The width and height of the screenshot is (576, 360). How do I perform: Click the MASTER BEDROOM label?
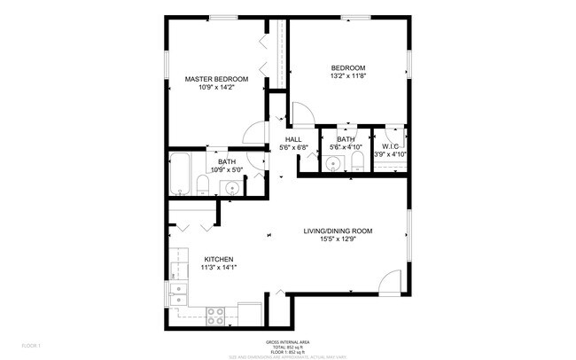point(216,79)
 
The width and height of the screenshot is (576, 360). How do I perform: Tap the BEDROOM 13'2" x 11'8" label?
point(348,67)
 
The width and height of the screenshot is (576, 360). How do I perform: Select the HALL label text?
point(292,139)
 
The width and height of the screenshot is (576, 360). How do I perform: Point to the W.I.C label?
point(390,145)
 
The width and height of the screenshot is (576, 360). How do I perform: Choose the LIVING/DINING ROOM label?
point(338,231)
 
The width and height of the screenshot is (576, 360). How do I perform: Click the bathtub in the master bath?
point(180,173)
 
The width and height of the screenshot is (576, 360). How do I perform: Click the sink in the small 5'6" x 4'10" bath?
point(333,162)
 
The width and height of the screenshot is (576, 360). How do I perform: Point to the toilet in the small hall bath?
point(356,160)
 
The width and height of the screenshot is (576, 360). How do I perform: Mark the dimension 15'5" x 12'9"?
point(338,239)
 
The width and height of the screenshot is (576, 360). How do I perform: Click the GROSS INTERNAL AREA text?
point(288,341)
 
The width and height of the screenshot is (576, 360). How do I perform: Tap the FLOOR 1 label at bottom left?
point(32,344)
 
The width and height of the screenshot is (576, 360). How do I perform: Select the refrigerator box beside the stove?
point(249,314)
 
